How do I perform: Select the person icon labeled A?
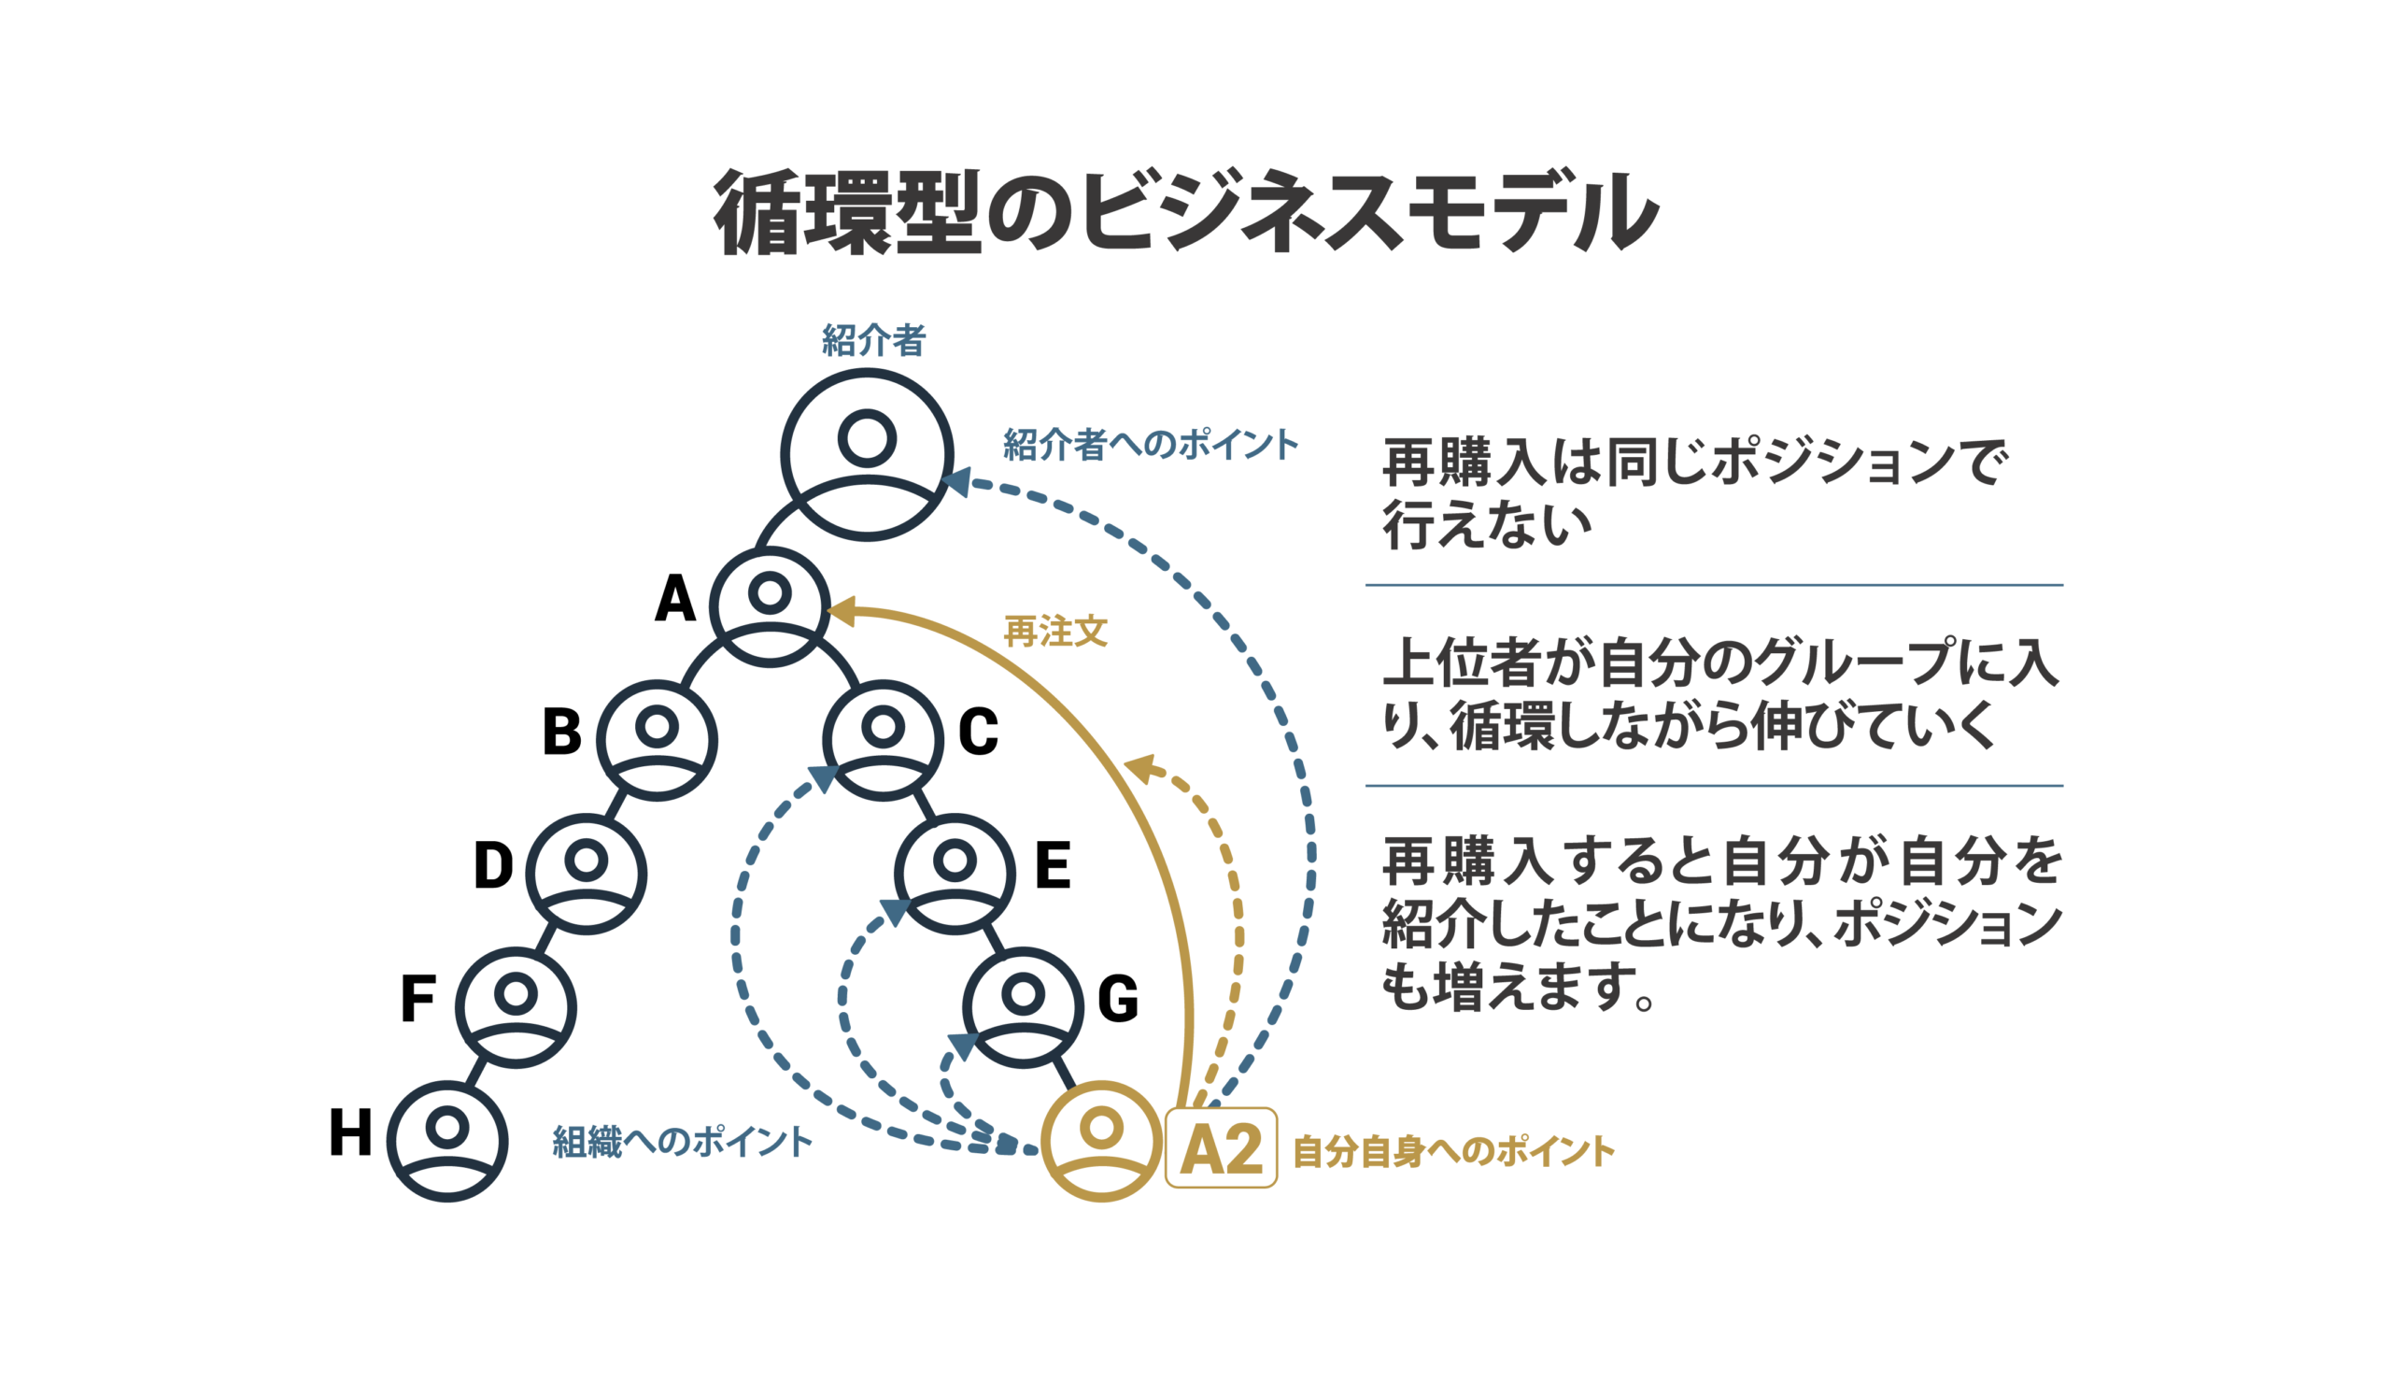[x=770, y=606]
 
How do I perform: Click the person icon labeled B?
[x=657, y=740]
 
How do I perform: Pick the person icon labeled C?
[x=883, y=740]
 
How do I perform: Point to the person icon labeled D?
[x=587, y=873]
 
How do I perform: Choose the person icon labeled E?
[x=955, y=873]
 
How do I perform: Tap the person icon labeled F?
[x=516, y=1007]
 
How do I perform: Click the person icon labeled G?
[x=1023, y=1007]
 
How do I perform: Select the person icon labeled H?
[x=446, y=1141]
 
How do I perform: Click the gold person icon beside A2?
[x=1100, y=1141]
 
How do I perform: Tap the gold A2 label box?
[x=1221, y=1147]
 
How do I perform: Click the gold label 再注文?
[x=1055, y=631]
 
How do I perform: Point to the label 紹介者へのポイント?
[x=1150, y=444]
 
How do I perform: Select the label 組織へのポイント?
[x=681, y=1142]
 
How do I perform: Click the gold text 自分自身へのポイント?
[x=1452, y=1151]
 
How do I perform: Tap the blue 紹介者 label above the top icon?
[x=873, y=340]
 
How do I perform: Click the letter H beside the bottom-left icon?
[x=350, y=1132]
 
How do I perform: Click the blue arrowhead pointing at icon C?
[x=824, y=777]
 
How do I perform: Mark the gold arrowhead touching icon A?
[x=842, y=611]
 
